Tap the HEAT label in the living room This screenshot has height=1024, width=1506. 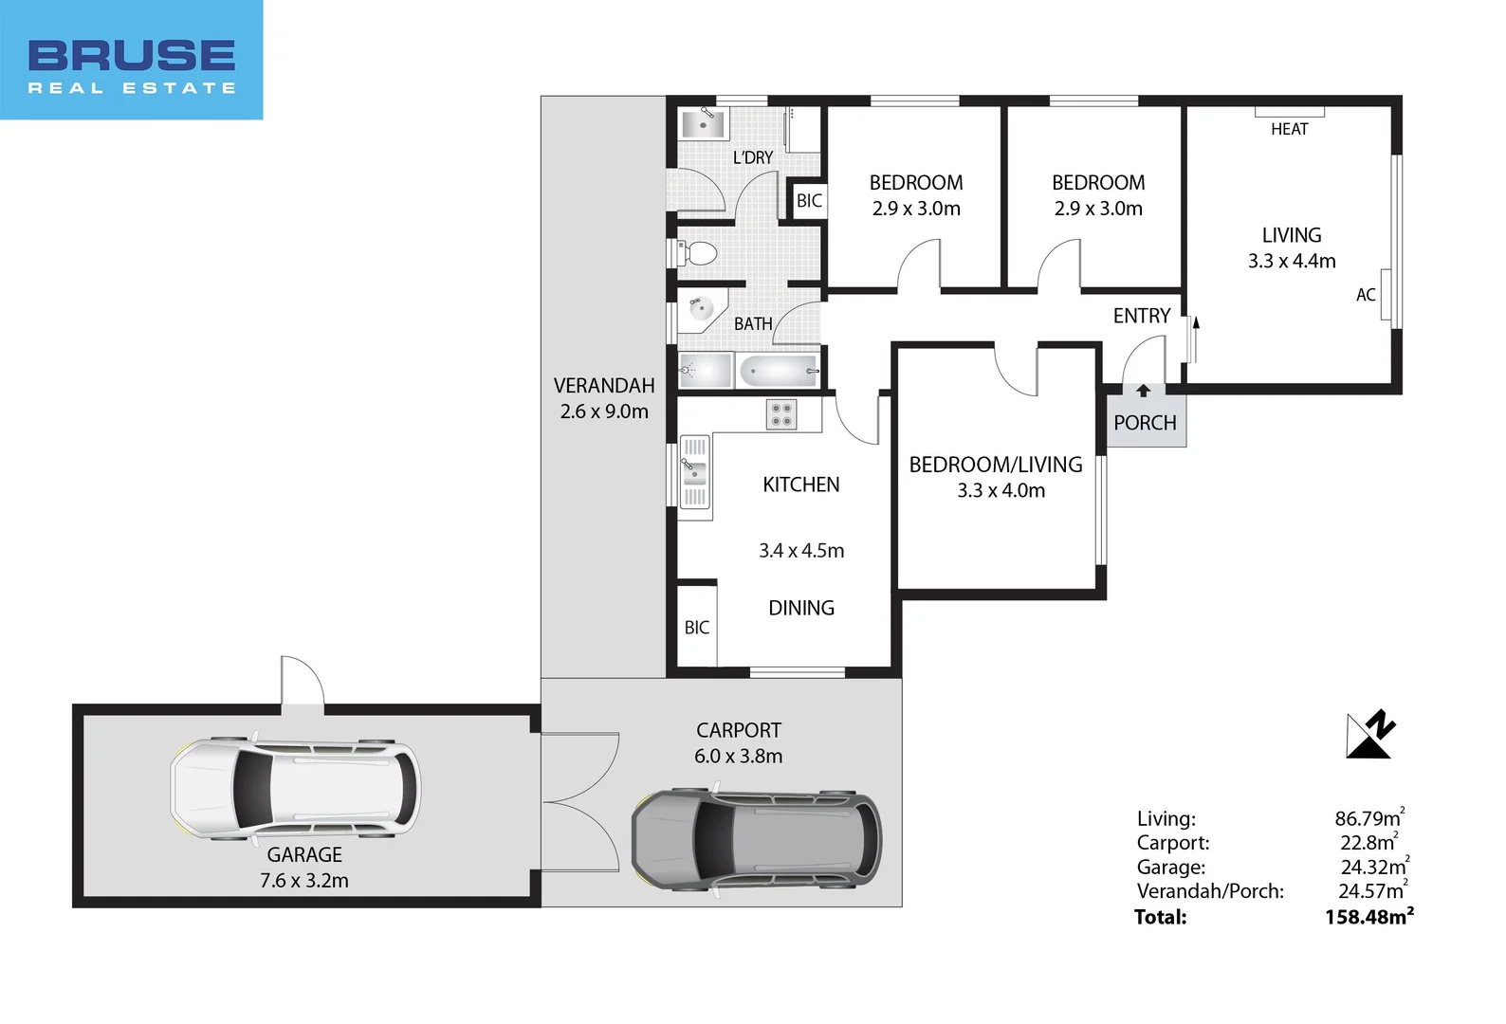1289,129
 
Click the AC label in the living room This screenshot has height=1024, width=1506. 1365,295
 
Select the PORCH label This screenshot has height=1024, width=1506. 1145,423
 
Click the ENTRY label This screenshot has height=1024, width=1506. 1141,316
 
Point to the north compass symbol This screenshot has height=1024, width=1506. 1370,735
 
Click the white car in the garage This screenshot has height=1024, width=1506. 295,789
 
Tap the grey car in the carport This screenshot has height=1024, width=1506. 756,840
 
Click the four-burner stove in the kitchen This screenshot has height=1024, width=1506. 781,414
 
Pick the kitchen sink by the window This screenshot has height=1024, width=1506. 694,471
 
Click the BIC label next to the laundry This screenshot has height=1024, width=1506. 809,201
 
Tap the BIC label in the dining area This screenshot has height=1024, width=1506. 696,628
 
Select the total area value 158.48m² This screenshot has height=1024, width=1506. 1368,917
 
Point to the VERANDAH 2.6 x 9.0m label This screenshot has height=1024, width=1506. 604,398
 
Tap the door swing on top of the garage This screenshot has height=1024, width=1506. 303,681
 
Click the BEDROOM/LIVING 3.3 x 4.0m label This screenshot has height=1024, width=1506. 996,477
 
